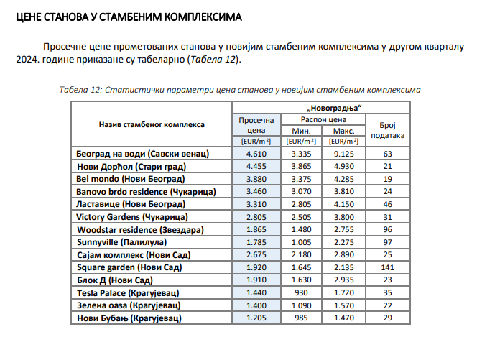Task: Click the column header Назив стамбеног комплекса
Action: tap(152, 125)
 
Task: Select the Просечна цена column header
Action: tap(256, 126)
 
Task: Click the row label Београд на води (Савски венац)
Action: tap(142, 154)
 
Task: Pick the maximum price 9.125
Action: tap(340, 154)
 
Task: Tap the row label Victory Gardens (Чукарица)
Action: tap(131, 217)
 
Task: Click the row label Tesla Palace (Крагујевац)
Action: tap(127, 292)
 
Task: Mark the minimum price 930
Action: tap(300, 292)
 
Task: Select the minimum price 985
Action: tap(300, 318)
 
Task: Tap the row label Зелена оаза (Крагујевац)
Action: tap(127, 305)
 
